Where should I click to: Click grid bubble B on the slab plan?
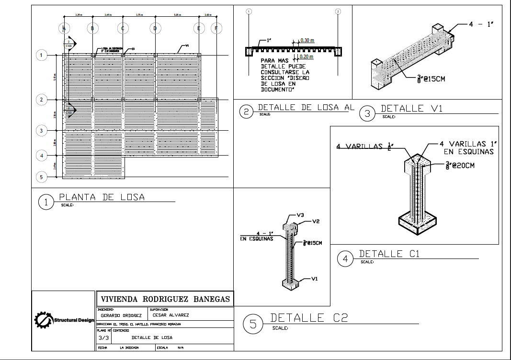pos(93,29)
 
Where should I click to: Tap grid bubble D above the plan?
pos(154,29)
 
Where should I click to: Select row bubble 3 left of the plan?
pos(42,130)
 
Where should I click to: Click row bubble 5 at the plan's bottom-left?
pos(42,178)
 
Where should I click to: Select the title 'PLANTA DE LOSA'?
pos(102,197)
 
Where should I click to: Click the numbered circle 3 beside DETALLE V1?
pos(367,113)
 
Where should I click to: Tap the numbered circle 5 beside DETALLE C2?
pos(252,324)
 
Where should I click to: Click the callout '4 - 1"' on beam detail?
pos(481,24)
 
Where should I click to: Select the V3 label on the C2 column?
pos(300,215)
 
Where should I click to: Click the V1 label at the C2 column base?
pos(315,278)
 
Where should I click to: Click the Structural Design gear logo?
pos(43,320)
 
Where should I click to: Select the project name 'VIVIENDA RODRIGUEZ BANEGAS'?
pos(165,299)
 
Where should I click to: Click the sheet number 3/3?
pos(103,337)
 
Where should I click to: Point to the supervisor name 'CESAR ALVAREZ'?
pos(170,315)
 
